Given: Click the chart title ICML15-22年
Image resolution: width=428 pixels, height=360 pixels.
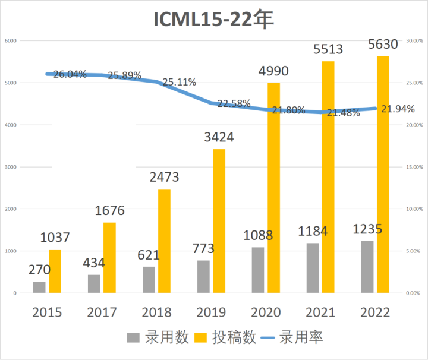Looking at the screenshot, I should click(x=213, y=19).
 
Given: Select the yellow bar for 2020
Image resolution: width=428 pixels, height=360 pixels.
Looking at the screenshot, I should click(x=273, y=188).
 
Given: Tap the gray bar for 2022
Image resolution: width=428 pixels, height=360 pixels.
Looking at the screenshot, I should click(x=367, y=267).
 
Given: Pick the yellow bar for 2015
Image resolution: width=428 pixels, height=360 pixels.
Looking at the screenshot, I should click(x=55, y=271).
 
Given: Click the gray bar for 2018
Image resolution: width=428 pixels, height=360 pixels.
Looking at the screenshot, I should click(x=149, y=280).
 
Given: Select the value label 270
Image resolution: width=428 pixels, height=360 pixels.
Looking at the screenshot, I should click(x=39, y=270).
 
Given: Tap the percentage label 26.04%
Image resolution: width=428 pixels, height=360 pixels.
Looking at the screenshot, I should click(x=70, y=74).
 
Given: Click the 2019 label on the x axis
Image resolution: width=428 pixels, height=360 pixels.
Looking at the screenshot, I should click(x=212, y=312).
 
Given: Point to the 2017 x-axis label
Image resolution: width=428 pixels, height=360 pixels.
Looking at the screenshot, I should click(x=102, y=312).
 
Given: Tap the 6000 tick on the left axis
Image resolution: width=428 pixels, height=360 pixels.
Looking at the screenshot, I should click(x=11, y=41).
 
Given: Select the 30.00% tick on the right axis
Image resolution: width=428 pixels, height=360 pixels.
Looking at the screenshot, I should click(x=414, y=41).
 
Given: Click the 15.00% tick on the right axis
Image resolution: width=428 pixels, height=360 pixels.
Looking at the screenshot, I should click(x=414, y=168).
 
